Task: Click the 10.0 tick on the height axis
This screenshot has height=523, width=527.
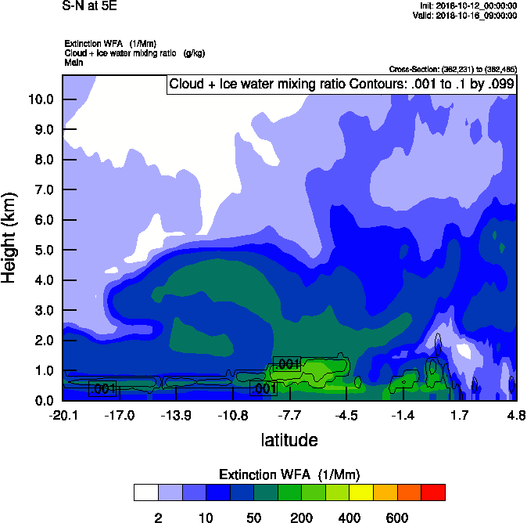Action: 40,99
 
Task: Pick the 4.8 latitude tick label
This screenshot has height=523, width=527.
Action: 515,414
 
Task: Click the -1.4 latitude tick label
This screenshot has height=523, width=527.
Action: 403,414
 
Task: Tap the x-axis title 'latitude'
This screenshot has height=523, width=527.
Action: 289,440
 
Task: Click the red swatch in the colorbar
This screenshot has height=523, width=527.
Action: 433,492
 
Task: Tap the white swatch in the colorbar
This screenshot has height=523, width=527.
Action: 145,492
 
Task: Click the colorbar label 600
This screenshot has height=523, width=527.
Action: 397,518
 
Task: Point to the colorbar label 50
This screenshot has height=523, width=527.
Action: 253,518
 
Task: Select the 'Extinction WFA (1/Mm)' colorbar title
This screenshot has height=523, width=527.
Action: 289,474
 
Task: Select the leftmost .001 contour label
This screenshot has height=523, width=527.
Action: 103,388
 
